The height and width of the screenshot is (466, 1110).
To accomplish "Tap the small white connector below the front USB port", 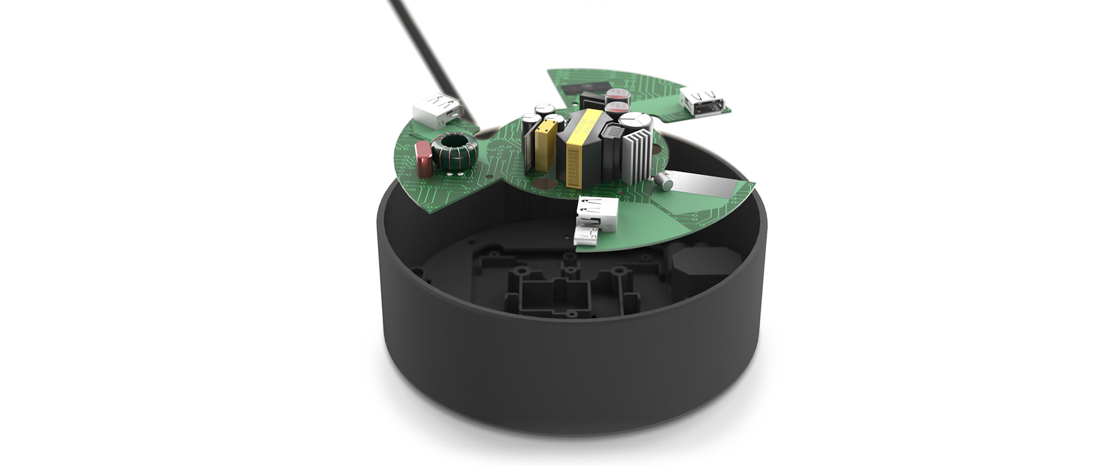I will pos(587,236).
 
